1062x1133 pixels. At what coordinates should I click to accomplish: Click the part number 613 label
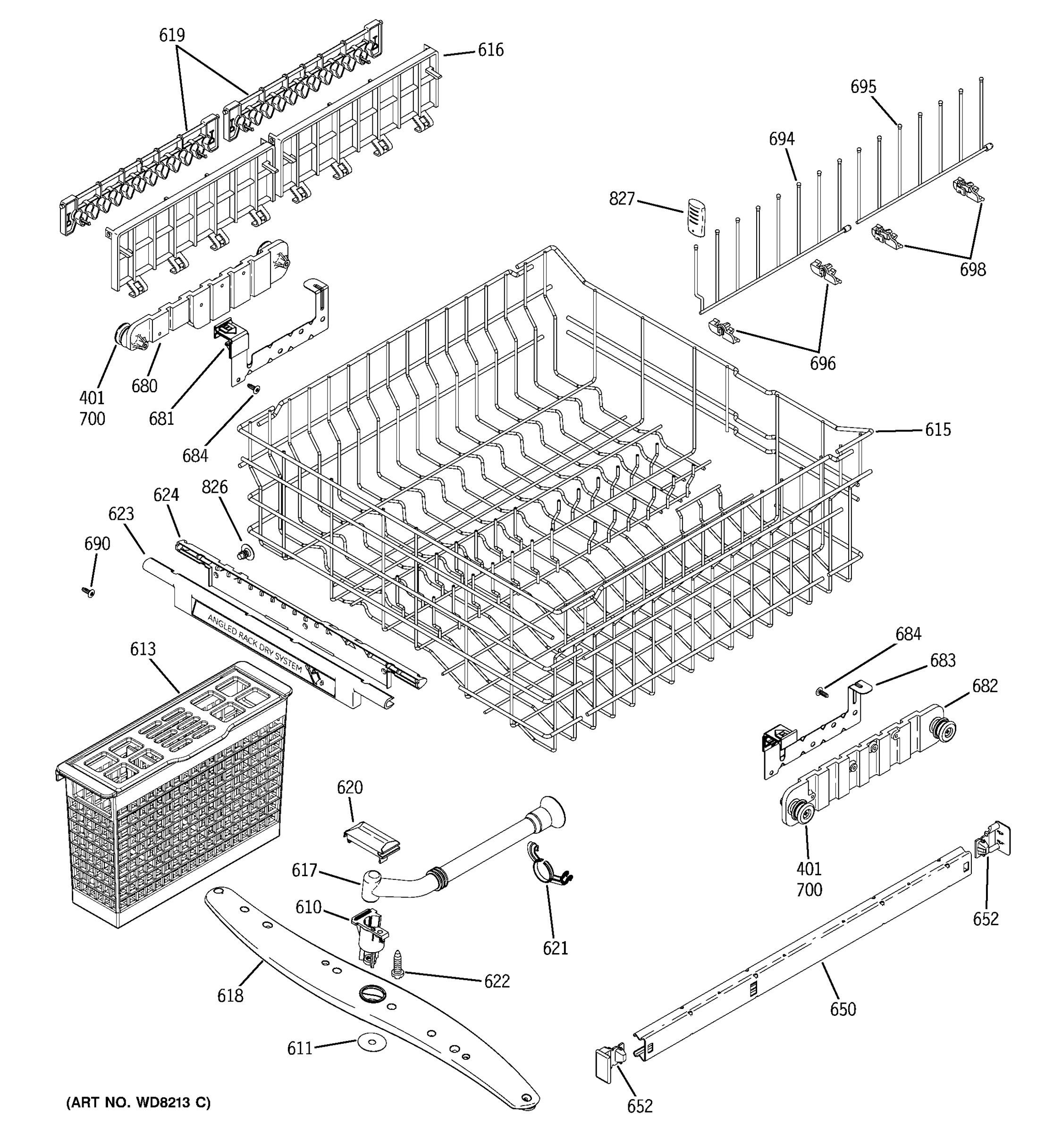tap(143, 649)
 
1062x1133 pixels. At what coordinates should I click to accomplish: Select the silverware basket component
tap(171, 798)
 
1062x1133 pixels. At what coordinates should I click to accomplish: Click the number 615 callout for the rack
tap(937, 430)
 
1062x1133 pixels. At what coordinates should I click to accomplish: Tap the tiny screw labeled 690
tap(89, 593)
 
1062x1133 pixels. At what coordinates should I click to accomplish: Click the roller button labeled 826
tap(245, 552)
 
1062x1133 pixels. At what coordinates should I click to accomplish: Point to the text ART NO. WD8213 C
tap(138, 1102)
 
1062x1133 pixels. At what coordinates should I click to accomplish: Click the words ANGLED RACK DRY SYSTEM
tap(255, 644)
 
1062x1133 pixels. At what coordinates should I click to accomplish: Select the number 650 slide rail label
tap(842, 1009)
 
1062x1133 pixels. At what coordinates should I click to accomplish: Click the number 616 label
tap(490, 50)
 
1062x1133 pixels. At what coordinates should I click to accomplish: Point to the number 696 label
tap(822, 364)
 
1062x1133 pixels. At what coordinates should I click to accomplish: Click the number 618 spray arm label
tap(230, 995)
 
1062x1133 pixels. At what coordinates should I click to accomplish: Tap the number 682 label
tap(985, 686)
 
